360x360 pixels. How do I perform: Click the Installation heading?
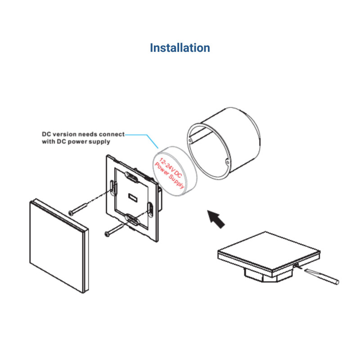tap(180, 48)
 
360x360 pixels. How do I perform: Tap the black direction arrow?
tap(216, 219)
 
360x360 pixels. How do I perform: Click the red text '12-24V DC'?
tap(171, 168)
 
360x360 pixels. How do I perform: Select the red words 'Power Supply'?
tap(169, 175)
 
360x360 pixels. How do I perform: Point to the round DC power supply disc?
tap(175, 171)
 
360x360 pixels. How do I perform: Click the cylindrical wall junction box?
tap(224, 143)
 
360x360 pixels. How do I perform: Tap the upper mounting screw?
tap(78, 209)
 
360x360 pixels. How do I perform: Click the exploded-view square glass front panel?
tap(59, 246)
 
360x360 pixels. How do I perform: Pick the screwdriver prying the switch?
tap(321, 277)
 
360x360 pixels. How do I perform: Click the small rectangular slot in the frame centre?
tap(133, 198)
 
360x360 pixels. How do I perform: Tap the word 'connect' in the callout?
tap(112, 134)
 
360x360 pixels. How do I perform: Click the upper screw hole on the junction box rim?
tap(190, 140)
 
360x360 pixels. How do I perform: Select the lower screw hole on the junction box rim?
tap(227, 162)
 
